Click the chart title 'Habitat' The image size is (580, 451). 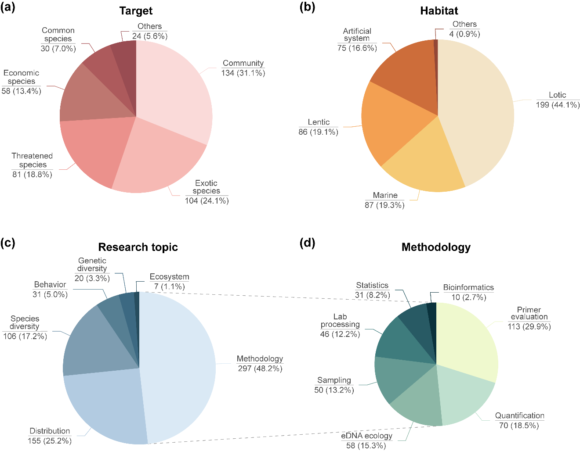[x=439, y=11]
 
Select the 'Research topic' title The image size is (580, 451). [x=138, y=247]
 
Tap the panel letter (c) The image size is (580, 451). [x=8, y=243]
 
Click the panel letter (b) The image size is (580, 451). [x=307, y=7]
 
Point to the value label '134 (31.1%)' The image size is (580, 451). [x=243, y=73]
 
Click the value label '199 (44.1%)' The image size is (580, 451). [x=558, y=105]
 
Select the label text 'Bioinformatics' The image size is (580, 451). [x=468, y=287]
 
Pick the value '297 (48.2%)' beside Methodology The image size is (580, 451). [x=260, y=369]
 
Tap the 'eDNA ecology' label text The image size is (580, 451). [x=366, y=436]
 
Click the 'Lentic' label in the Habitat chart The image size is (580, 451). [x=319, y=122]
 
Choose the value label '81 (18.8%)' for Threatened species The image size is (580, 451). [x=32, y=174]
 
